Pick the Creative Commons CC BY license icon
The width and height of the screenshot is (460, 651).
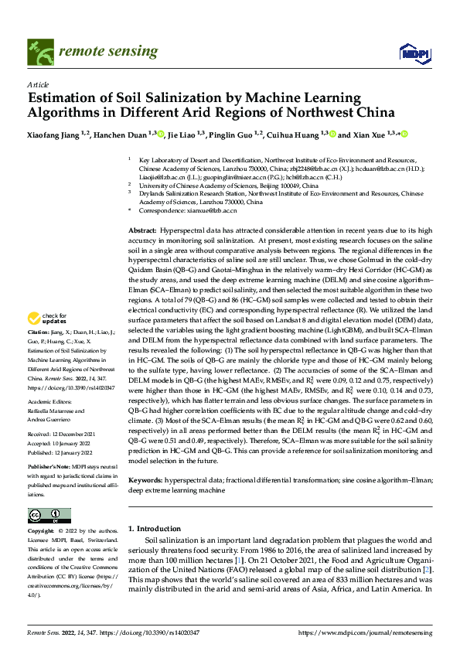coord(49,516)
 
